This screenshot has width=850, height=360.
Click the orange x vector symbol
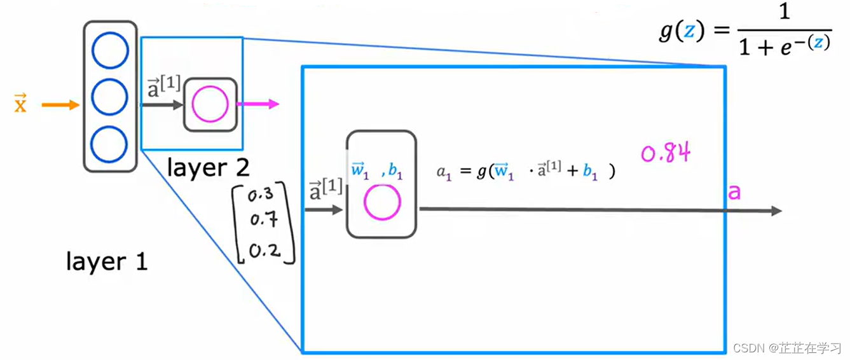(x=21, y=103)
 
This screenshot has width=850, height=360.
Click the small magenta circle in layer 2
(x=210, y=105)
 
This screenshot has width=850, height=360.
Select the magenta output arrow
(x=258, y=104)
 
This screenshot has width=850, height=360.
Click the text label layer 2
(x=208, y=167)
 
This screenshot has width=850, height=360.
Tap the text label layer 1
(x=107, y=261)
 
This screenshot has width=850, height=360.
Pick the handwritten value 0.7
(x=263, y=220)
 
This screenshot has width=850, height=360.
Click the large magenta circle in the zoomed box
(x=382, y=202)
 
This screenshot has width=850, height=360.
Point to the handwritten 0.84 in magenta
(x=665, y=154)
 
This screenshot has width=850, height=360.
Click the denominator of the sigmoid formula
(x=784, y=46)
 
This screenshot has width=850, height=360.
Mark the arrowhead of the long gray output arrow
(x=776, y=211)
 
